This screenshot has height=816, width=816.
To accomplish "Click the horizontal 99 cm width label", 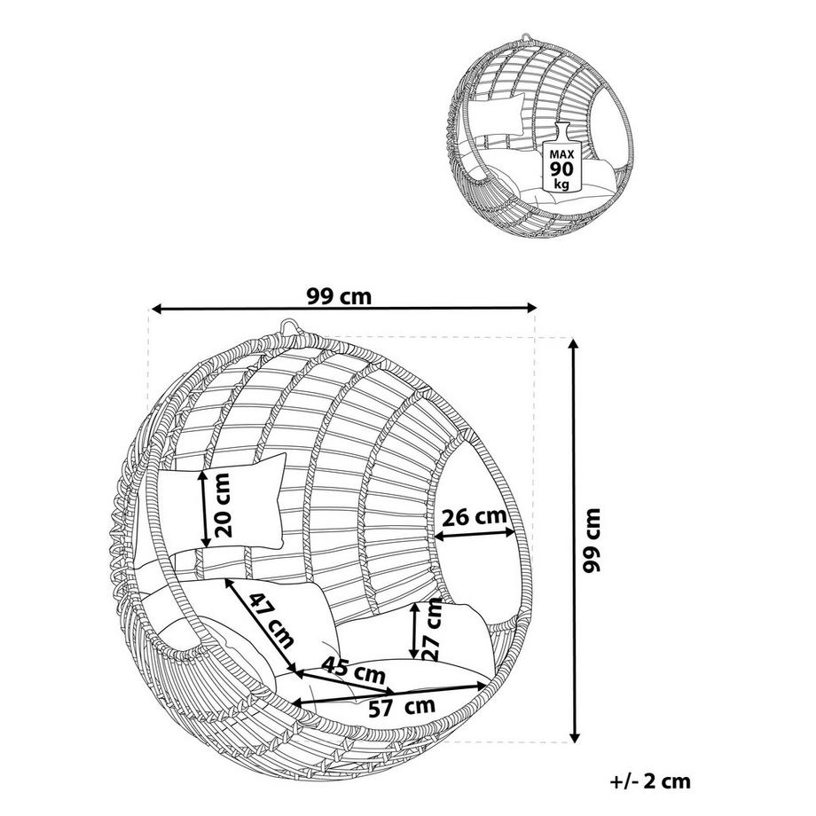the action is pos(340,296).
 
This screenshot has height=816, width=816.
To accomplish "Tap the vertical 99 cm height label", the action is pos(592,541).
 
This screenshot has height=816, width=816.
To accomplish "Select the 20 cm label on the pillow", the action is pos(223,505).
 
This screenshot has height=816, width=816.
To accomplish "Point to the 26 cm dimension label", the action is pos(475,517).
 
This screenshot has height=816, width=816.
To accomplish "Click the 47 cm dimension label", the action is pos(271,620).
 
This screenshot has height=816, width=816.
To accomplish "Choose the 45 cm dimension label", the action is pos(353,670).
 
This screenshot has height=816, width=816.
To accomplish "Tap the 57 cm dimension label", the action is pos(401,707).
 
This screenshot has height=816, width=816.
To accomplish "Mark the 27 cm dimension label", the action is pos(433,631).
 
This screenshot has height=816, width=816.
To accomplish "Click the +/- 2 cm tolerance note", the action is pos(650,781).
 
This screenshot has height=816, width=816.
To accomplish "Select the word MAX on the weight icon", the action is pos(561,154).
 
